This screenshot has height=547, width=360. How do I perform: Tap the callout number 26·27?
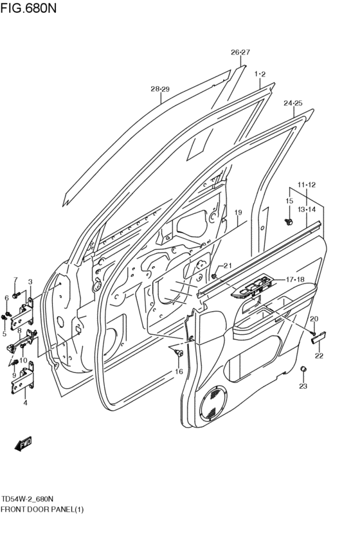(240, 52)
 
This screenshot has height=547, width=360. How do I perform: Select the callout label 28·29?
(160, 89)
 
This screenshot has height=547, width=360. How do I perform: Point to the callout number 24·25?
(292, 103)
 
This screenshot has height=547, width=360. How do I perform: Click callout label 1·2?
(260, 74)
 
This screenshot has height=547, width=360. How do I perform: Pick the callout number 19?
(237, 212)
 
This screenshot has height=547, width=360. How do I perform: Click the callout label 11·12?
(307, 185)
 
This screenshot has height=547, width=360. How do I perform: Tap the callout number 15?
(289, 201)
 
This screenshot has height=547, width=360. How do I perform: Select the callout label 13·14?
(307, 210)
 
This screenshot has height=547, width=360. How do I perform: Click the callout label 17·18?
(294, 279)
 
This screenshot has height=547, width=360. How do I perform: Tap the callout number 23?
(303, 386)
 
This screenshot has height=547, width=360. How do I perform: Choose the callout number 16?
(179, 372)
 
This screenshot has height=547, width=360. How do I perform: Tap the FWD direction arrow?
(23, 443)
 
